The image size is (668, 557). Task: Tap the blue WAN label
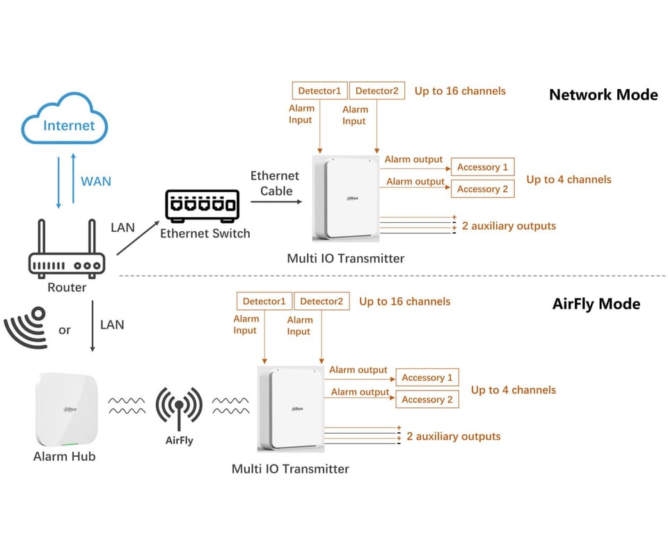pyautogui.click(x=95, y=181)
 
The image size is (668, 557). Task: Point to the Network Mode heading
pyautogui.click(x=603, y=95)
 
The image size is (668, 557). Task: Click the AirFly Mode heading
pyautogui.click(x=596, y=304)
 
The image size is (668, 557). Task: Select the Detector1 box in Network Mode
pyautogui.click(x=319, y=91)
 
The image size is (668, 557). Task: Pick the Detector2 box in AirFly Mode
pyautogui.click(x=321, y=301)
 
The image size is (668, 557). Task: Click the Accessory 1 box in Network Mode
pyautogui.click(x=482, y=167)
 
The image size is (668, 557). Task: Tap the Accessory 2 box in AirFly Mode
pyautogui.click(x=427, y=400)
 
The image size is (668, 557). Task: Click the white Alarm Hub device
pyautogui.click(x=65, y=409)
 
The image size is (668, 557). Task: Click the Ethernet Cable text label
pyautogui.click(x=275, y=184)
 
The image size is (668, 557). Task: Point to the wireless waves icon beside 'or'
pyautogui.click(x=26, y=327)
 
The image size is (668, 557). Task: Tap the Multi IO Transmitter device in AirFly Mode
pyautogui.click(x=291, y=409)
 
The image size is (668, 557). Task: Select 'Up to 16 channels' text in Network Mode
pyautogui.click(x=460, y=91)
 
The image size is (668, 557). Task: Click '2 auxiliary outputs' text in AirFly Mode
pyautogui.click(x=454, y=437)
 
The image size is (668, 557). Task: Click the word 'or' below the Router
pyautogui.click(x=65, y=330)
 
